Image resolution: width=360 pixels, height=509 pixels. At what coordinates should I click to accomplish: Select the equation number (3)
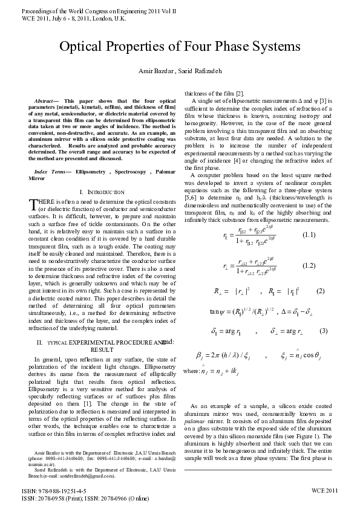(x=324, y=331)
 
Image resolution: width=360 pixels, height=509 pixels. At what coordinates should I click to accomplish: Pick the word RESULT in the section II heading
(x=102, y=349)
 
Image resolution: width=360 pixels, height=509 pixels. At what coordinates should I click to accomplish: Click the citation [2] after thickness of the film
(x=240, y=93)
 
